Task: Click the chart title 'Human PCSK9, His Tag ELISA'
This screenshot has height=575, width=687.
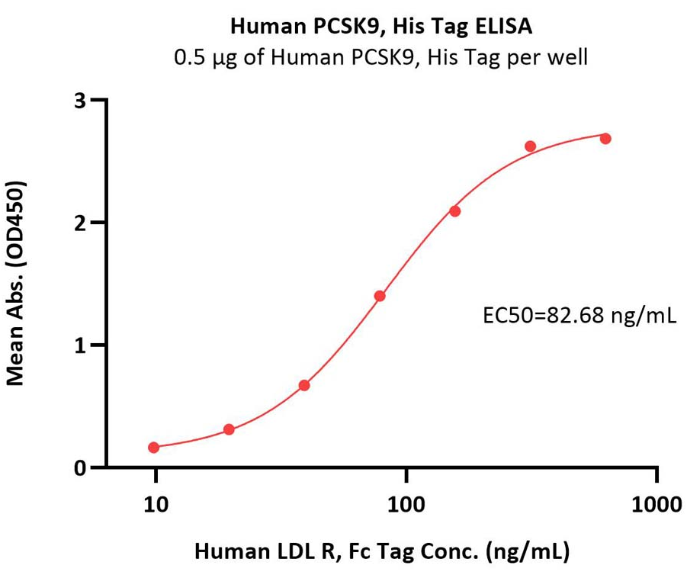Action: pyautogui.click(x=381, y=27)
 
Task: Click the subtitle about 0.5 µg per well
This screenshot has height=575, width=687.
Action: pyautogui.click(x=381, y=57)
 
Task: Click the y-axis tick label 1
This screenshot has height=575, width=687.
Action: pyautogui.click(x=88, y=345)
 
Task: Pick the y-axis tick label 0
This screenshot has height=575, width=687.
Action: pyautogui.click(x=88, y=467)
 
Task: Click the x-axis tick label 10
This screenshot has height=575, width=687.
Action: pyautogui.click(x=155, y=505)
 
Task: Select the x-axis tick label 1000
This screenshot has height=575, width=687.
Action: pyautogui.click(x=657, y=505)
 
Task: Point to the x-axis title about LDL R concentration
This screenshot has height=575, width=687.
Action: pyautogui.click(x=382, y=550)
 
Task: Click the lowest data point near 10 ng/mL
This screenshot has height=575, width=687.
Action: pyautogui.click(x=154, y=448)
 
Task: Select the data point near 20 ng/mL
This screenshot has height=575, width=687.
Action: pyautogui.click(x=229, y=430)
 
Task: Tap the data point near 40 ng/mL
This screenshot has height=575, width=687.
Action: pyautogui.click(x=304, y=385)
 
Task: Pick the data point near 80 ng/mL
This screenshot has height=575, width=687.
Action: pyautogui.click(x=380, y=296)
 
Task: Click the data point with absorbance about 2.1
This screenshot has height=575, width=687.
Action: pyautogui.click(x=455, y=211)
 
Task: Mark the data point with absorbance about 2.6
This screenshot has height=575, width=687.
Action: pyautogui.click(x=531, y=146)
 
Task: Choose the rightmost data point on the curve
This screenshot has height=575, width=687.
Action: pyautogui.click(x=605, y=139)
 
